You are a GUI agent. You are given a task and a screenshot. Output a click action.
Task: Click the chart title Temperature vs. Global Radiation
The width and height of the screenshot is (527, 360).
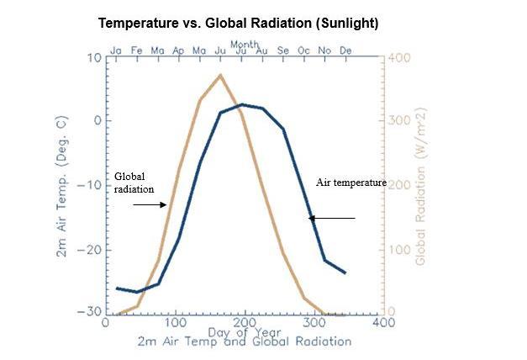pos(239,23)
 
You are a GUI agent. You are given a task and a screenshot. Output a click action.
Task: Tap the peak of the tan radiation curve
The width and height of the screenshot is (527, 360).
pos(220,76)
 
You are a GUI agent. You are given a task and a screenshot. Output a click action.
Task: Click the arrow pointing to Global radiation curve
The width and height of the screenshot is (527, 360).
pos(150,204)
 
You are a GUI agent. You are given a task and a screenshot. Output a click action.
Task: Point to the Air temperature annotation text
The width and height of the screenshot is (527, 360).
pos(350,182)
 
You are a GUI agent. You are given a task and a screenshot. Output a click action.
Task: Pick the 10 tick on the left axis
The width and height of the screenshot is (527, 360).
pos(93,57)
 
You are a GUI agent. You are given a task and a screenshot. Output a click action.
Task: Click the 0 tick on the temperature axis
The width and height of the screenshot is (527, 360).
pos(97,121)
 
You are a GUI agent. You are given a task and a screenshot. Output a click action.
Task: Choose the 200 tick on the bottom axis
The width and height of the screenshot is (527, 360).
pos(244,322)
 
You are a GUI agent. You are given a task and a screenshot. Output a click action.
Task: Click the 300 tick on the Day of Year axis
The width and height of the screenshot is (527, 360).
pos(313,322)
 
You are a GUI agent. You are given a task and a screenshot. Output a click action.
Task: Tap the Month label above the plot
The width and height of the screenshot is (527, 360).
pos(245,43)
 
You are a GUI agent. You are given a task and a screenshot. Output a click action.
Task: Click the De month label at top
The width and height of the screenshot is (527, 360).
pos(345,50)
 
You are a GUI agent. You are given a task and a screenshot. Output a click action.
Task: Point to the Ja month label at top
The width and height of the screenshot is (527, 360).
pos(116,50)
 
